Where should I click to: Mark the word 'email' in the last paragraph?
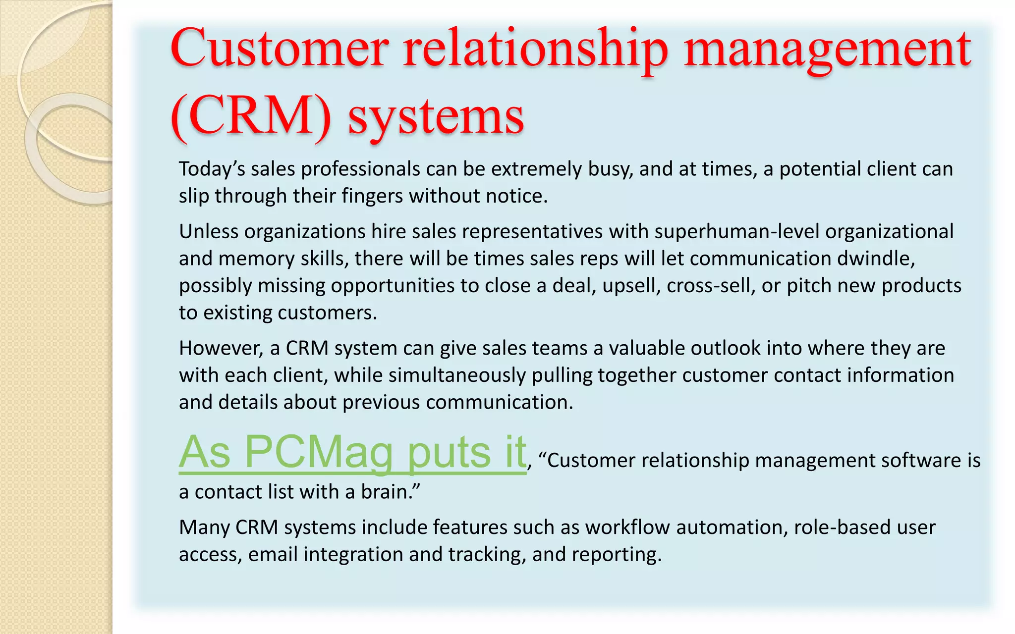click(273, 554)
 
